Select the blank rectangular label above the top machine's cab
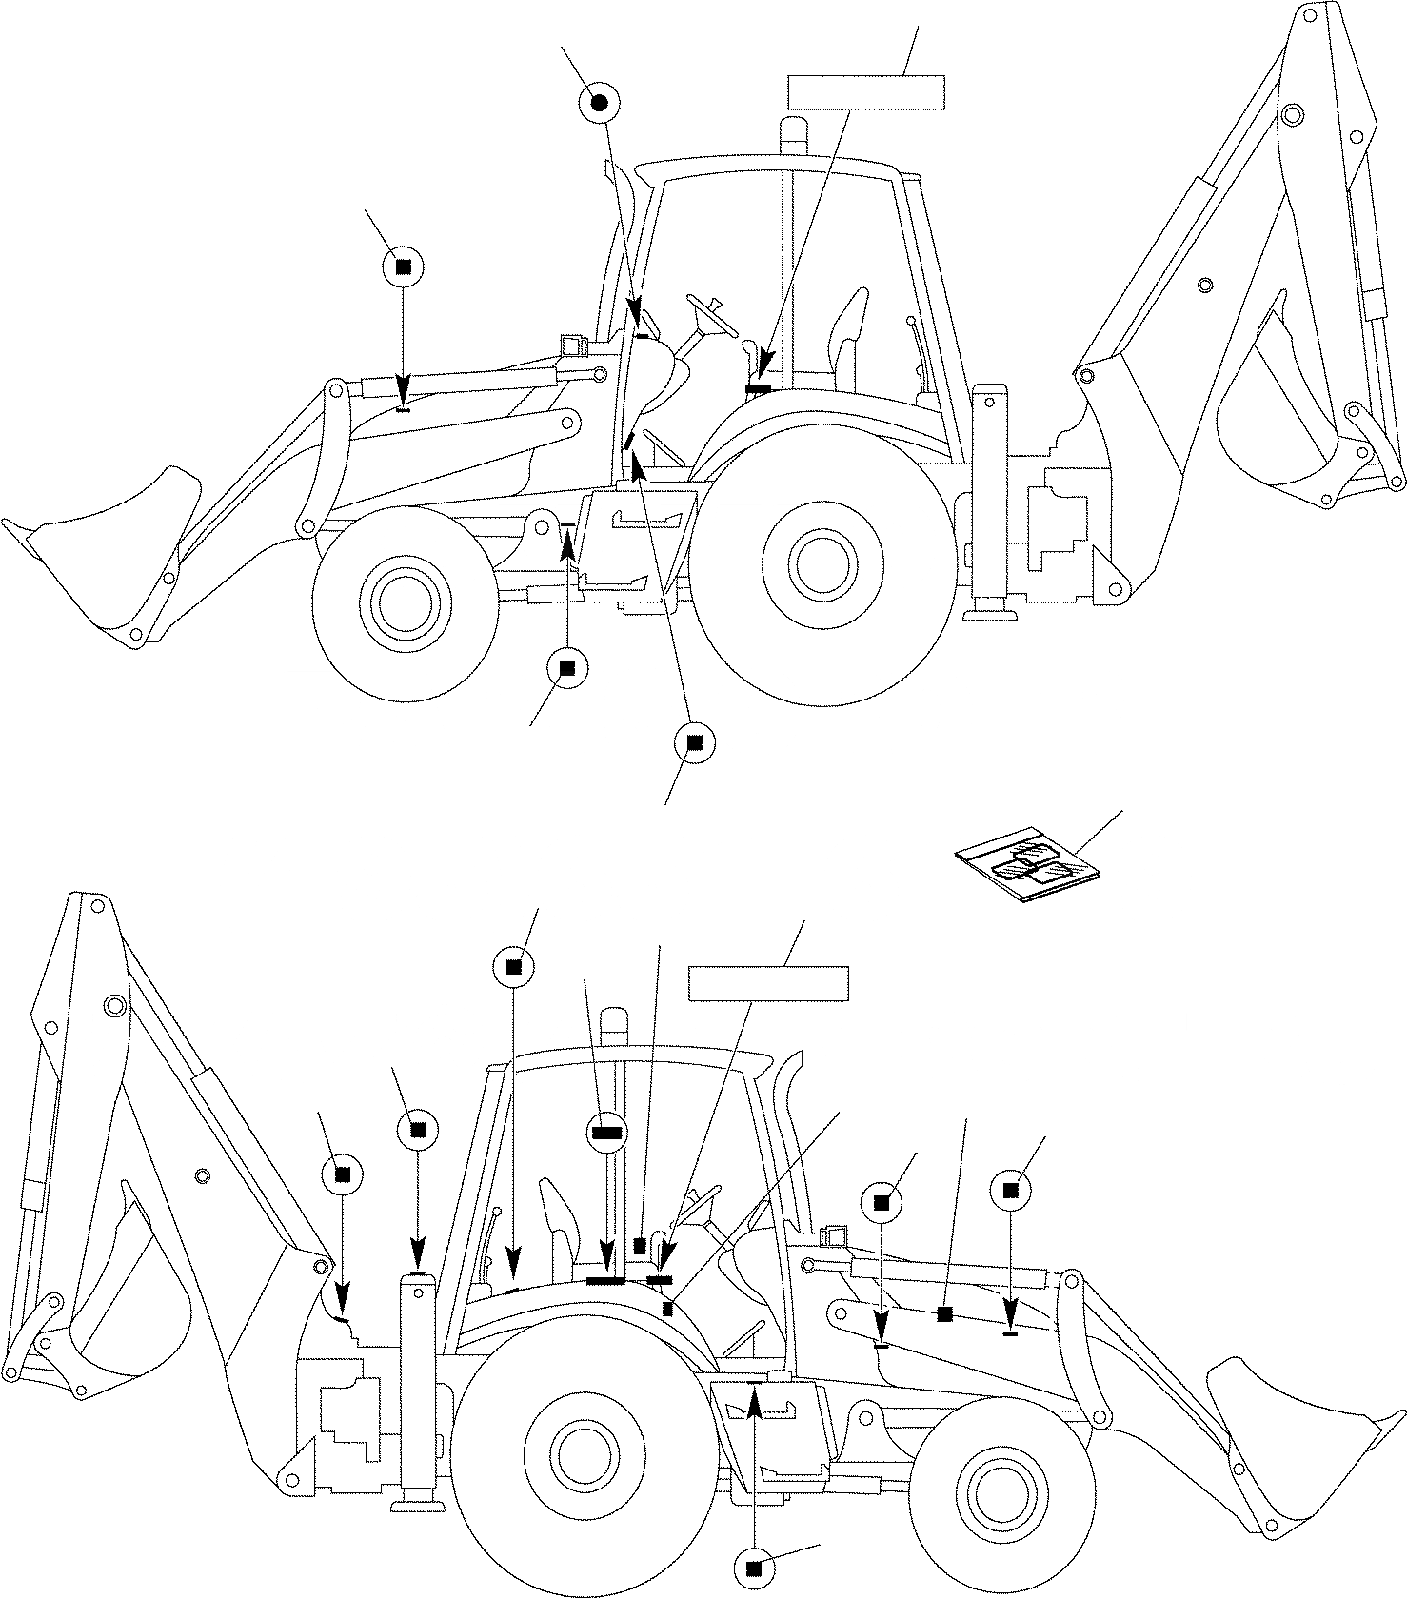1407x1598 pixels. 865,91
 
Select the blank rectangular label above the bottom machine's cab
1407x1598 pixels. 768,983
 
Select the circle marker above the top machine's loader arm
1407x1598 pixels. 403,267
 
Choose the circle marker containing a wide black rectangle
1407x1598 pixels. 606,1132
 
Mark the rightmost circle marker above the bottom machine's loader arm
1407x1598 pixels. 1011,1189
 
